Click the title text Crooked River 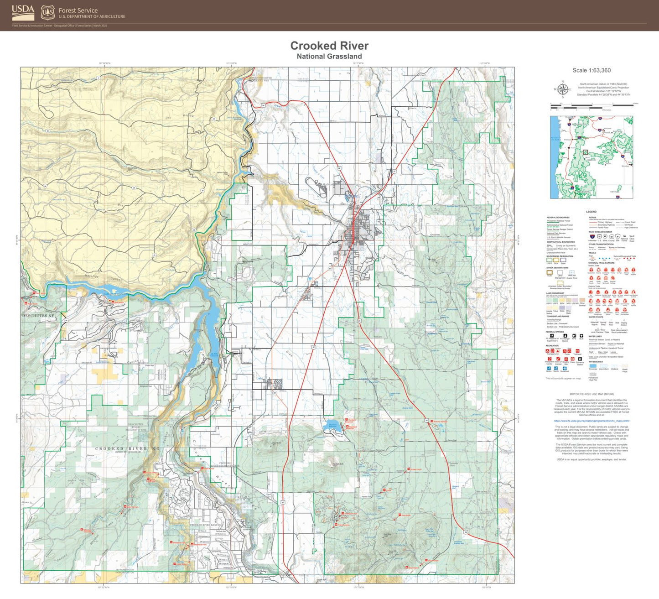point(329,46)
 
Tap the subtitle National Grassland point(329,57)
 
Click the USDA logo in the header point(23,12)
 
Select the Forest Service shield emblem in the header point(47,13)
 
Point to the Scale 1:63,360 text point(592,70)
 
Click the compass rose point(563,89)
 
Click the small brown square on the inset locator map point(586,152)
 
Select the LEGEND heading point(591,212)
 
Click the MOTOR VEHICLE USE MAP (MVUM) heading point(592,394)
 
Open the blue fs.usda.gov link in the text point(592,421)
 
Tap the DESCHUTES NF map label point(38,316)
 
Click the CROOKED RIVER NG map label point(127,449)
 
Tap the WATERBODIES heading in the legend point(596,362)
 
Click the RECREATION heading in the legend point(552,346)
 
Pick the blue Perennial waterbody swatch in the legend point(592,365)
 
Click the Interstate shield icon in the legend point(592,237)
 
